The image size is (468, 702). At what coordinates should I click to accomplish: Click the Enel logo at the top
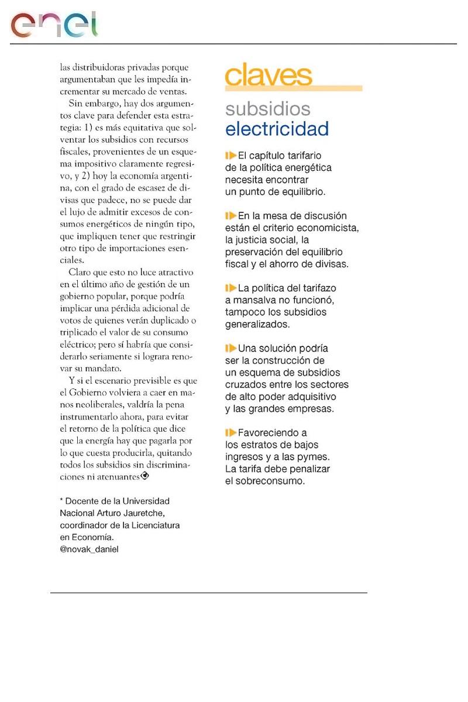click(x=54, y=25)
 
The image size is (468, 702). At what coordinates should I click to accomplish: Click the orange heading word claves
click(x=269, y=76)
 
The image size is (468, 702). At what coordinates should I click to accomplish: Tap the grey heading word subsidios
click(x=268, y=109)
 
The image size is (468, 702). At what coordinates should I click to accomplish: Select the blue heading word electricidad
click(x=277, y=129)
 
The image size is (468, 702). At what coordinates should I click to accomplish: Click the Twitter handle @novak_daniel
click(x=89, y=549)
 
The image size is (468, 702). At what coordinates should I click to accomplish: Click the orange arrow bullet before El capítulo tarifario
click(x=230, y=156)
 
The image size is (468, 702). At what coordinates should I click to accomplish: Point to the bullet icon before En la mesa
click(x=230, y=216)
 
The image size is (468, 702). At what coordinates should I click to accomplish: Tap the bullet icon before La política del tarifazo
click(x=230, y=288)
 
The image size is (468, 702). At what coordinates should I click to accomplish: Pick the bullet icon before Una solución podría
click(x=230, y=348)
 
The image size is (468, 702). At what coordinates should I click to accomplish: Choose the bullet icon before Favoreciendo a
click(x=230, y=433)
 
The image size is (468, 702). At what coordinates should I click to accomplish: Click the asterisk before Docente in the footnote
click(x=61, y=501)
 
